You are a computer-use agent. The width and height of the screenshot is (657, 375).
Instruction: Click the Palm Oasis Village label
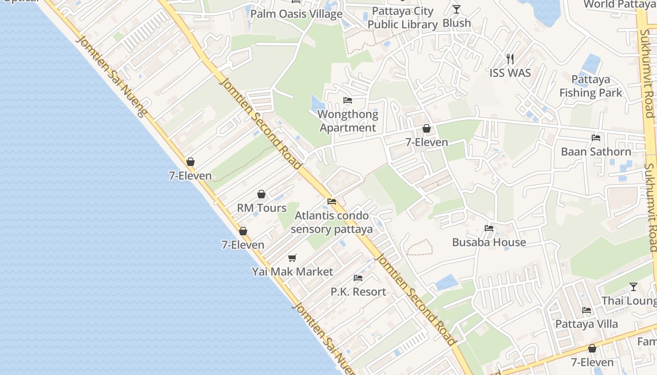[x=296, y=14]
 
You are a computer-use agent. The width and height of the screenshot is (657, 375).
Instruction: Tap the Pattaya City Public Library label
[x=402, y=18]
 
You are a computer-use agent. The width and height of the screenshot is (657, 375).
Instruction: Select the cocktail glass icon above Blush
[x=457, y=9]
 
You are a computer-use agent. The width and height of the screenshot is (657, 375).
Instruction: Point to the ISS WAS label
[x=510, y=73]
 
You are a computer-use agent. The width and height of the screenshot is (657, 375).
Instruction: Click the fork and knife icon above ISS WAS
[x=510, y=59]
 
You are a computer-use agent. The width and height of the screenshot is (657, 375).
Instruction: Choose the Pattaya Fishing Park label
[x=590, y=86]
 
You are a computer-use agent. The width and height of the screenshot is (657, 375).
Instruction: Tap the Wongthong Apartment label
[x=348, y=121]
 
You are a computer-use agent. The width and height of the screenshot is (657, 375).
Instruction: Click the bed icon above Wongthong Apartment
[x=348, y=100]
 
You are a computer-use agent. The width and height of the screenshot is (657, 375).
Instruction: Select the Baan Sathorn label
[x=596, y=151]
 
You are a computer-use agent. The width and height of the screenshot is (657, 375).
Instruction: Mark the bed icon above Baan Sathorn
[x=596, y=138]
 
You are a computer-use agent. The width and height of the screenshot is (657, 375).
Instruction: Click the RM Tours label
[x=261, y=208]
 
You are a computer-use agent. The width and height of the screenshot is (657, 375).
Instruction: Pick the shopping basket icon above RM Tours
[x=261, y=194]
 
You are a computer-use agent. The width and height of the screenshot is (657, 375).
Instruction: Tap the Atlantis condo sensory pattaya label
[x=331, y=223]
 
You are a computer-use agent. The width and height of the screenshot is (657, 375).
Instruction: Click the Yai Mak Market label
[x=292, y=271]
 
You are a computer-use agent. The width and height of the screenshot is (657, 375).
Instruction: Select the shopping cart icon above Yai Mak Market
[x=292, y=258]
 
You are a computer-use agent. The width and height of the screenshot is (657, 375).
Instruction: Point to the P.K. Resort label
[x=358, y=292]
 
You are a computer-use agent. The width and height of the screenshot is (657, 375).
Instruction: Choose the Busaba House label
[x=489, y=242]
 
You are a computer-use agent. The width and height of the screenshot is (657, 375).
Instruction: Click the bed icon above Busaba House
[x=489, y=228]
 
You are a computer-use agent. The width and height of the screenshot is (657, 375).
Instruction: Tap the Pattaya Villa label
[x=587, y=324]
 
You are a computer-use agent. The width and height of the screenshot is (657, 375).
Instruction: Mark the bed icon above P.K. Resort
[x=358, y=278]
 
